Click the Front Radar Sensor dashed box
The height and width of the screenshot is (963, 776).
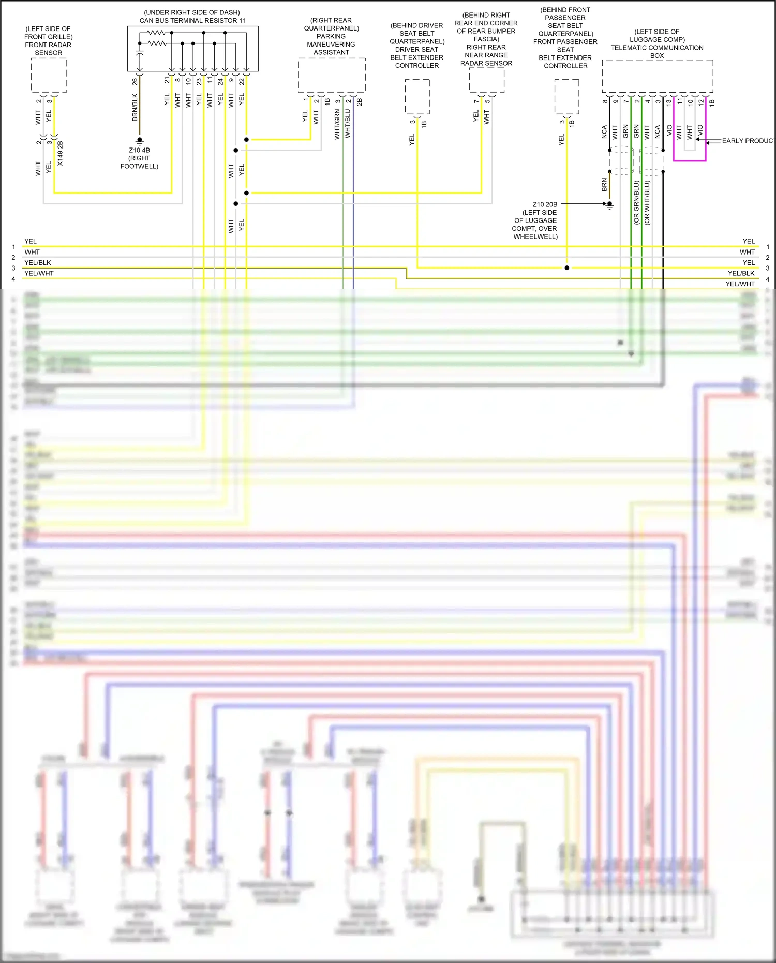[x=48, y=76]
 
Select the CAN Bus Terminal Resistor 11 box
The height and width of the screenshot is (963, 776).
[x=192, y=49]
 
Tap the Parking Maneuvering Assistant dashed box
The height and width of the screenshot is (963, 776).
[x=331, y=76]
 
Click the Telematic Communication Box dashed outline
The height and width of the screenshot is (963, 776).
[x=657, y=76]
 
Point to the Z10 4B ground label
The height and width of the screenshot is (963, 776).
[x=139, y=150]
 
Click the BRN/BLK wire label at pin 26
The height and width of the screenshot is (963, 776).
[x=135, y=108]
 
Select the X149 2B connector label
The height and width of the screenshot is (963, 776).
[x=60, y=153]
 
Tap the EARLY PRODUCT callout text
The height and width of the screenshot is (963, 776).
[x=747, y=141]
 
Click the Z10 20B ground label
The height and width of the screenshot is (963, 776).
[x=545, y=204]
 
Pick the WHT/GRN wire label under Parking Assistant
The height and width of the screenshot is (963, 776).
[x=337, y=124]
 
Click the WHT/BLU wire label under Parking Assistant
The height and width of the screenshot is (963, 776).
[x=348, y=124]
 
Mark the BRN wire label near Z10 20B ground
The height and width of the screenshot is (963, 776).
[x=604, y=185]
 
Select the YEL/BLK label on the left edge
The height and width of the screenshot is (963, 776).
[x=38, y=263]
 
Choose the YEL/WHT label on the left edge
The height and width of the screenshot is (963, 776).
[x=39, y=273]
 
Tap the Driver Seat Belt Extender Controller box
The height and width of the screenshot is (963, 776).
[x=417, y=97]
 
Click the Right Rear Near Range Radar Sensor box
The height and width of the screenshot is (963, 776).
[x=486, y=80]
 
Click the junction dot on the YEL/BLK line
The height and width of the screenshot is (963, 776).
[x=567, y=268]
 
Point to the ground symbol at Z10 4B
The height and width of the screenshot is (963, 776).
[x=139, y=141]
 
